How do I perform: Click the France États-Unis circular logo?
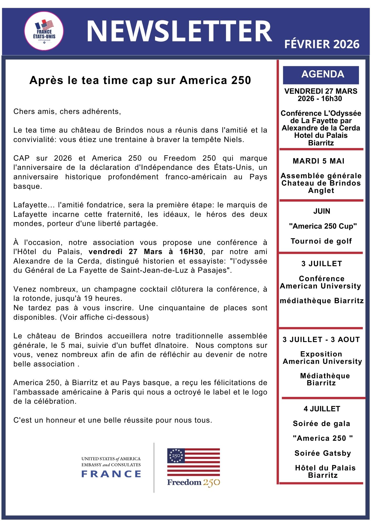point(44,31)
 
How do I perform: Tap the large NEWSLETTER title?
point(179,31)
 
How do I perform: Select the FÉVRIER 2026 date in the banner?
point(322,44)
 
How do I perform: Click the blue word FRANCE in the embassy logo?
point(111,474)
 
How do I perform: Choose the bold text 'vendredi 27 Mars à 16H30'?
point(146,252)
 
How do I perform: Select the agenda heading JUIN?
point(322,211)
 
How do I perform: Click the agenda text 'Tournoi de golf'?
point(321,241)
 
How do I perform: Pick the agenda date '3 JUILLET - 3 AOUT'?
point(321,339)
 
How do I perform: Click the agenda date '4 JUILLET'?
point(322,409)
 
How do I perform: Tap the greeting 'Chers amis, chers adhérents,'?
point(67,112)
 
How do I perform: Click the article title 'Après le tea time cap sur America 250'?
point(140,80)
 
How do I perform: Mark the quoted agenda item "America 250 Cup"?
point(323,226)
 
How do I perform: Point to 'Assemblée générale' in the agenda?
point(321,176)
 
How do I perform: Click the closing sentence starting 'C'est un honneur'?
point(113,420)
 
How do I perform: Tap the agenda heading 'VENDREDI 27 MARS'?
point(321,91)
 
